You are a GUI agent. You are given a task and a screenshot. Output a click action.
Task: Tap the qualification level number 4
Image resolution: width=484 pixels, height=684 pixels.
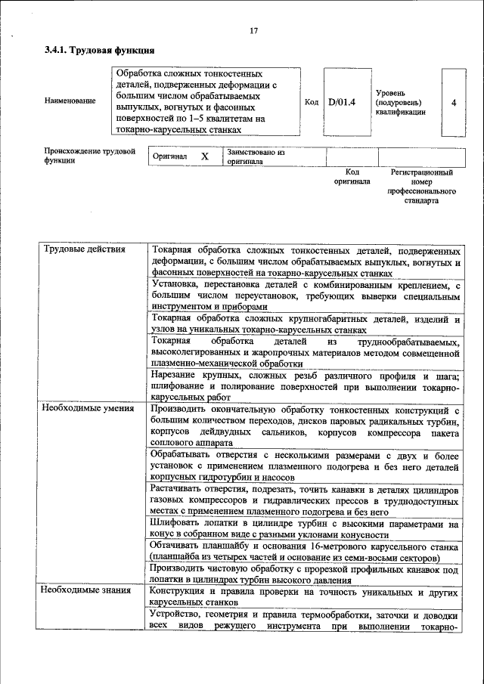click(453, 102)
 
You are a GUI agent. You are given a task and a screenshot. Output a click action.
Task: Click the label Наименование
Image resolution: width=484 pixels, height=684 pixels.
click(70, 101)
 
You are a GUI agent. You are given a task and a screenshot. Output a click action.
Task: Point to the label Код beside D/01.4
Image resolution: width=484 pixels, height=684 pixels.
click(311, 101)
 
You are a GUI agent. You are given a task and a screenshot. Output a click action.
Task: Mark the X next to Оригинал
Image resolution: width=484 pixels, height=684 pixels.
click(204, 156)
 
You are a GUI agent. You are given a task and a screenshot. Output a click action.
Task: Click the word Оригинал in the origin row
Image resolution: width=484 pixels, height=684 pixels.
click(169, 156)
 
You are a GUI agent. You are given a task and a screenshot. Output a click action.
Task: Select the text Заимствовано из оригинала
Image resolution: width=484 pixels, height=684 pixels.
click(255, 156)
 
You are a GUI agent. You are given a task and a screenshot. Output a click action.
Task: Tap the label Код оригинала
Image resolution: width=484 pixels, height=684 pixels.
click(352, 177)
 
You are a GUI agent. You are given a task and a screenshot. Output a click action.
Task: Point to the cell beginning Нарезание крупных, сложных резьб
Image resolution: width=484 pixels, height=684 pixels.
click(305, 385)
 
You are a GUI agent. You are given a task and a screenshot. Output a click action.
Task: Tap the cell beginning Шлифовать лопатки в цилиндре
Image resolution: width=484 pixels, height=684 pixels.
click(305, 529)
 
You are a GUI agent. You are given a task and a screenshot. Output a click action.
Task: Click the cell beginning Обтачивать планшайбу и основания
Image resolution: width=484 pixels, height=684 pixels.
click(305, 552)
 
